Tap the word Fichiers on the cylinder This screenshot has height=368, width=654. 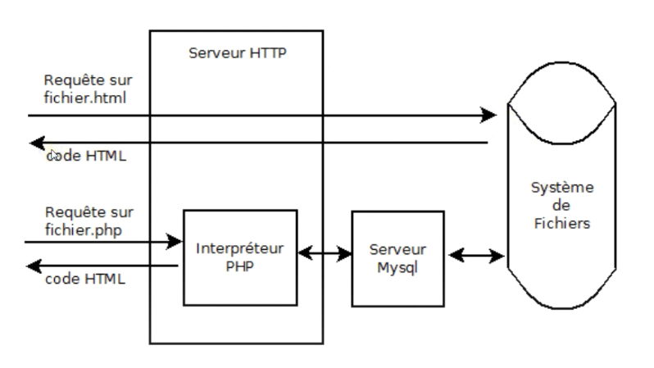[x=561, y=223]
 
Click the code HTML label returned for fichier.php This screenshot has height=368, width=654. [x=86, y=279]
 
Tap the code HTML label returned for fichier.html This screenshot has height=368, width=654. [x=86, y=156]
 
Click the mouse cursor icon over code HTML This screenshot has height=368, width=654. [x=53, y=154]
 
